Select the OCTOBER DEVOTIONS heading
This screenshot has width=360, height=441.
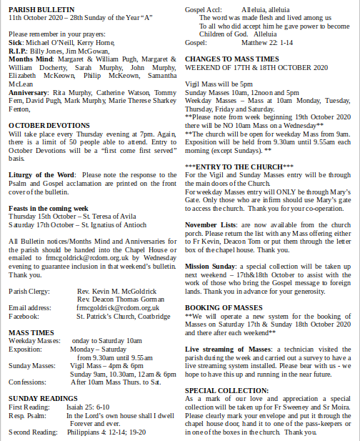coord(39,124)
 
